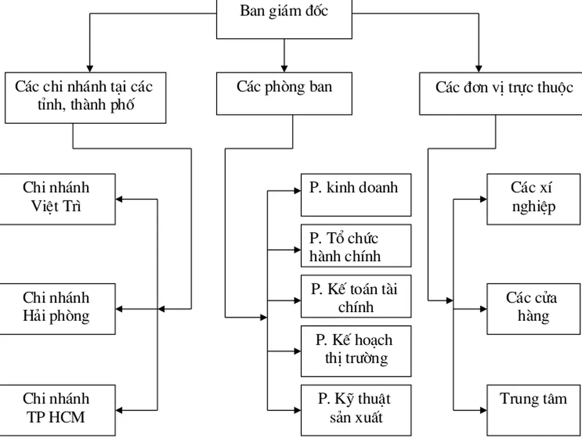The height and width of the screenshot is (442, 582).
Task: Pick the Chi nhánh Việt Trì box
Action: click(57, 198)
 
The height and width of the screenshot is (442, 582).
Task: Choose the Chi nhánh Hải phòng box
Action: click(57, 308)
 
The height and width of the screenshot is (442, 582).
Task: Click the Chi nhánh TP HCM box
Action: click(57, 409)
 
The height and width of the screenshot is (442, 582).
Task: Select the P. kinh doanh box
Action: click(356, 194)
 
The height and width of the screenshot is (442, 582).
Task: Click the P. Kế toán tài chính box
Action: click(356, 297)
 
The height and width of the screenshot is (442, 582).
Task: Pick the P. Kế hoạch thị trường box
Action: click(356, 350)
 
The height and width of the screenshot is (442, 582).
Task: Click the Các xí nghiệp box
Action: click(533, 198)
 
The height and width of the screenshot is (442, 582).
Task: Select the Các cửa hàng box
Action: click(533, 308)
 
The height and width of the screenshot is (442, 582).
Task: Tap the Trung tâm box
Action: click(533, 409)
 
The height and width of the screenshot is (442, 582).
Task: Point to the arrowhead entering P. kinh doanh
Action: click(297, 190)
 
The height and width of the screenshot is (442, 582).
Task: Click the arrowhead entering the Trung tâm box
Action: click(483, 410)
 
